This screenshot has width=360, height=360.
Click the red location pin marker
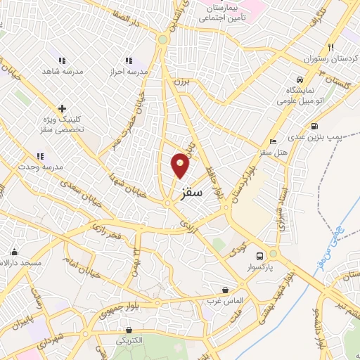[181, 166]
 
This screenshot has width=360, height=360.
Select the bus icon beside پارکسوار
[260, 255]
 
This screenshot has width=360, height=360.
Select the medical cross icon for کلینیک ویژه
[63, 108]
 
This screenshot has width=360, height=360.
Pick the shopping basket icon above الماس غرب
[225, 289]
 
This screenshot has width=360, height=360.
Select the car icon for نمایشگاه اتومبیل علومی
[300, 79]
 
